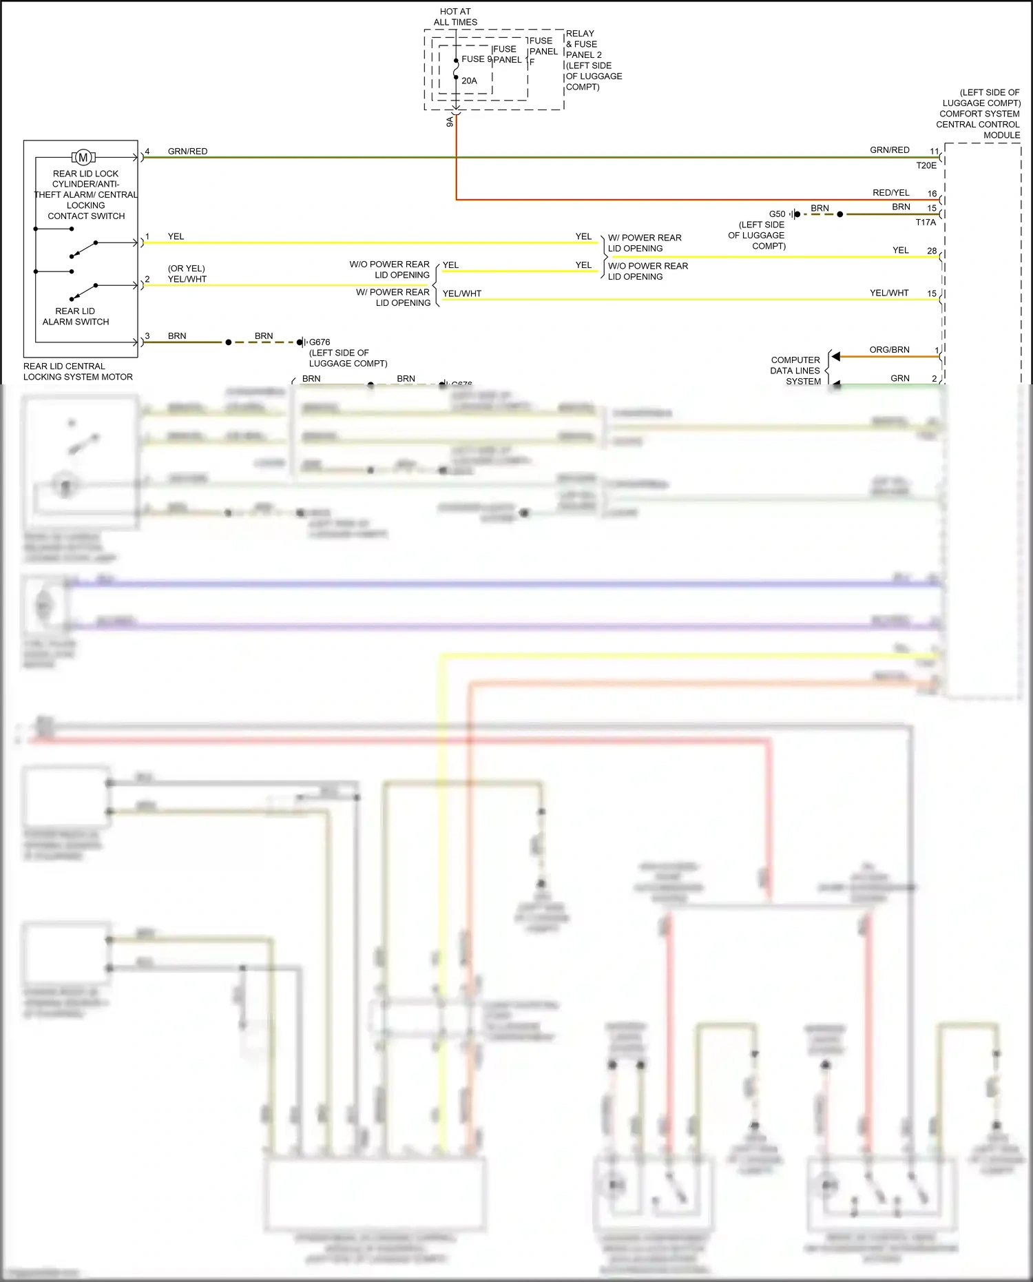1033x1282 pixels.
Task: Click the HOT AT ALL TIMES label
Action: tap(455, 17)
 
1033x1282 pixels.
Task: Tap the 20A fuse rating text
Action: tap(469, 81)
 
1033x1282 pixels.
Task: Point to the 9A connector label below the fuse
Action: tap(450, 121)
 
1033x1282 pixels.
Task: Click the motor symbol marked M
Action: tap(83, 158)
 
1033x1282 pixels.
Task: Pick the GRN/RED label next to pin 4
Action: tap(187, 152)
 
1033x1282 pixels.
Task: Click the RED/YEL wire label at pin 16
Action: tap(890, 193)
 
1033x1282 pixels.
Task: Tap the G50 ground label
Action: tap(777, 214)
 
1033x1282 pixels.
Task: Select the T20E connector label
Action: tap(926, 165)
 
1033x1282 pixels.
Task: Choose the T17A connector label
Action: tap(926, 223)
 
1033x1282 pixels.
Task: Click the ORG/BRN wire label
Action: tap(889, 350)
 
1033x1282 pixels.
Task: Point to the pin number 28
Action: tap(932, 251)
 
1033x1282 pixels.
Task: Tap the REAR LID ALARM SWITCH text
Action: tap(76, 316)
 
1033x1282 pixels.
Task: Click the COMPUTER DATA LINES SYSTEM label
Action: tap(795, 371)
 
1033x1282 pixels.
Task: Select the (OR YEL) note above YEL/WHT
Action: tap(186, 269)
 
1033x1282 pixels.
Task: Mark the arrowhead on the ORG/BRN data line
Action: tap(835, 357)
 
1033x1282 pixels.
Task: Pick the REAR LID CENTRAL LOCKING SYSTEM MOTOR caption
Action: tap(78, 371)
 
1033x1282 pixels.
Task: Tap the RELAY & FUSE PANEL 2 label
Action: tap(594, 60)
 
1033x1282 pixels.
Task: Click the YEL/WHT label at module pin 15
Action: tap(889, 293)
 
